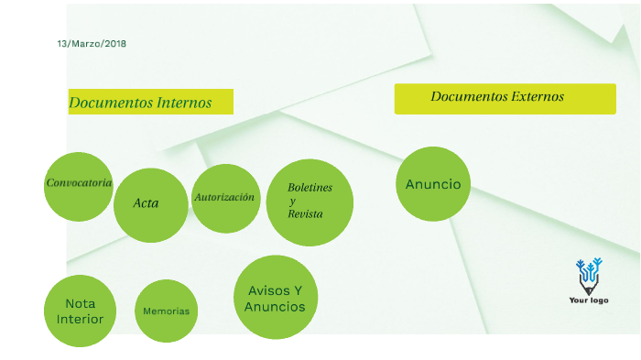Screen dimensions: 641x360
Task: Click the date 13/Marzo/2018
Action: coord(91,44)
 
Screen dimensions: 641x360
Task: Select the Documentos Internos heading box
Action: coord(150,103)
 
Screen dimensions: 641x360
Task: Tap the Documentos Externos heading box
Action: coord(505,98)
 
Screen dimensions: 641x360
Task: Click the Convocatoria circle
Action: coord(79,187)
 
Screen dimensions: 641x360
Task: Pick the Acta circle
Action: coord(150,205)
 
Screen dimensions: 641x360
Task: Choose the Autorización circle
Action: coord(225,198)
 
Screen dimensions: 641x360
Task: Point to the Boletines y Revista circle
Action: coord(310,202)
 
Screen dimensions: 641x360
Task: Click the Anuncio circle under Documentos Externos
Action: coord(433,184)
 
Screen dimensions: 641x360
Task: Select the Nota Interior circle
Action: coord(80,311)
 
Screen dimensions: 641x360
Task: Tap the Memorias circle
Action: coord(166,311)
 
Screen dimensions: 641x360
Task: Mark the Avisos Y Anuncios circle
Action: coord(275,299)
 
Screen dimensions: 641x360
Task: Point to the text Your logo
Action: coord(589,300)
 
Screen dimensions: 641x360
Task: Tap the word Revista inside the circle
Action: coord(305,213)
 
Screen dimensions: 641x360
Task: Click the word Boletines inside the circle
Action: coord(310,188)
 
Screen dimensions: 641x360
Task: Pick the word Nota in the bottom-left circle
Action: coord(80,303)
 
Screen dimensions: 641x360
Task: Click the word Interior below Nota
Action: coord(80,320)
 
